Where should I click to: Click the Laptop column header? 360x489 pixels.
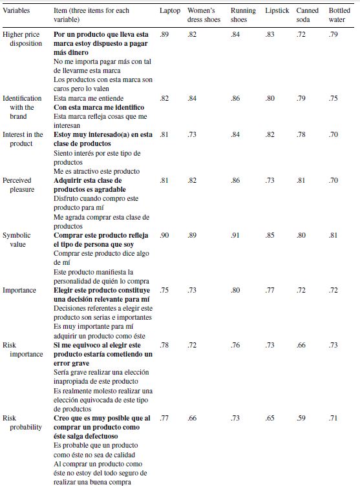[x=170, y=11]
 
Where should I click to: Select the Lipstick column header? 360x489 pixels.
[x=277, y=11]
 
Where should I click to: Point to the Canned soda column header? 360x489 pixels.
[x=308, y=16]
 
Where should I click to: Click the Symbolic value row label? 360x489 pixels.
[x=16, y=240]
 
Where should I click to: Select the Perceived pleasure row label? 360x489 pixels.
[x=18, y=185]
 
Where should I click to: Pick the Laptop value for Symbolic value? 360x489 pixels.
[x=164, y=236]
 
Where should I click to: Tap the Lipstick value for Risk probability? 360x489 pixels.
[x=270, y=419]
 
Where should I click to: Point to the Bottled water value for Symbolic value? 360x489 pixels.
[x=333, y=236]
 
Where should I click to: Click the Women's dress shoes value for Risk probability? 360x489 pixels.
[x=192, y=419]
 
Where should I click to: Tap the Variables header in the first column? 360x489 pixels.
[x=17, y=11]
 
